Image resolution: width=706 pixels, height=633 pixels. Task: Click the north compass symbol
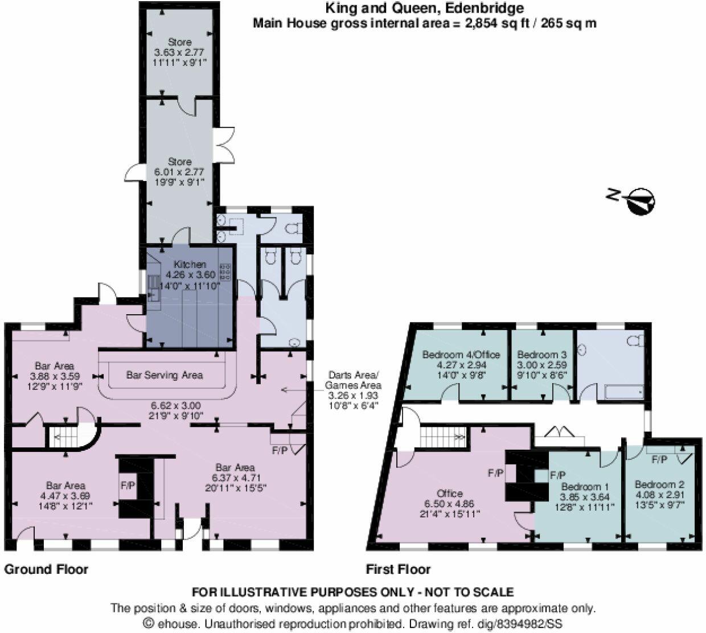pyautogui.click(x=641, y=200)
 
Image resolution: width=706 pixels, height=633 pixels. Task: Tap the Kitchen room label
pyautogui.click(x=190, y=265)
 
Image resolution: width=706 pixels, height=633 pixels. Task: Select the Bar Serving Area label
pyautogui.click(x=164, y=375)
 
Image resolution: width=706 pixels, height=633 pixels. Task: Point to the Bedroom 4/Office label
pyautogui.click(x=461, y=355)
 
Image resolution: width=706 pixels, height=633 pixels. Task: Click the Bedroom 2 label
pyautogui.click(x=659, y=484)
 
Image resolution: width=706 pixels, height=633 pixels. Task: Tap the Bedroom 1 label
pyautogui.click(x=585, y=487)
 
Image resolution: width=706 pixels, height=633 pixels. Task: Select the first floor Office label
pyautogui.click(x=449, y=494)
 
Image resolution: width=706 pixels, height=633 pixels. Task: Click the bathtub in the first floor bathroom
pyautogui.click(x=623, y=392)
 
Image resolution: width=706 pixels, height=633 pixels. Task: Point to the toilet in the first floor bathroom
pyautogui.click(x=636, y=341)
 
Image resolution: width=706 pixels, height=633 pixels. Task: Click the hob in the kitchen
pyautogui.click(x=225, y=272)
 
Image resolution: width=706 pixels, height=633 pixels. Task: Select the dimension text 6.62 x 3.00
pyautogui.click(x=175, y=405)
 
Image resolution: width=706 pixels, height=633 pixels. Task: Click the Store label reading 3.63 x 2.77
pyautogui.click(x=179, y=42)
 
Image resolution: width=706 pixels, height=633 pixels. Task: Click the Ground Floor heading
pyautogui.click(x=46, y=569)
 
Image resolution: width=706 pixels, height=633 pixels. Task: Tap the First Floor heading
pyautogui.click(x=398, y=569)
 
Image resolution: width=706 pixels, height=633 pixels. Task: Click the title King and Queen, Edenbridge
pyautogui.click(x=424, y=9)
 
